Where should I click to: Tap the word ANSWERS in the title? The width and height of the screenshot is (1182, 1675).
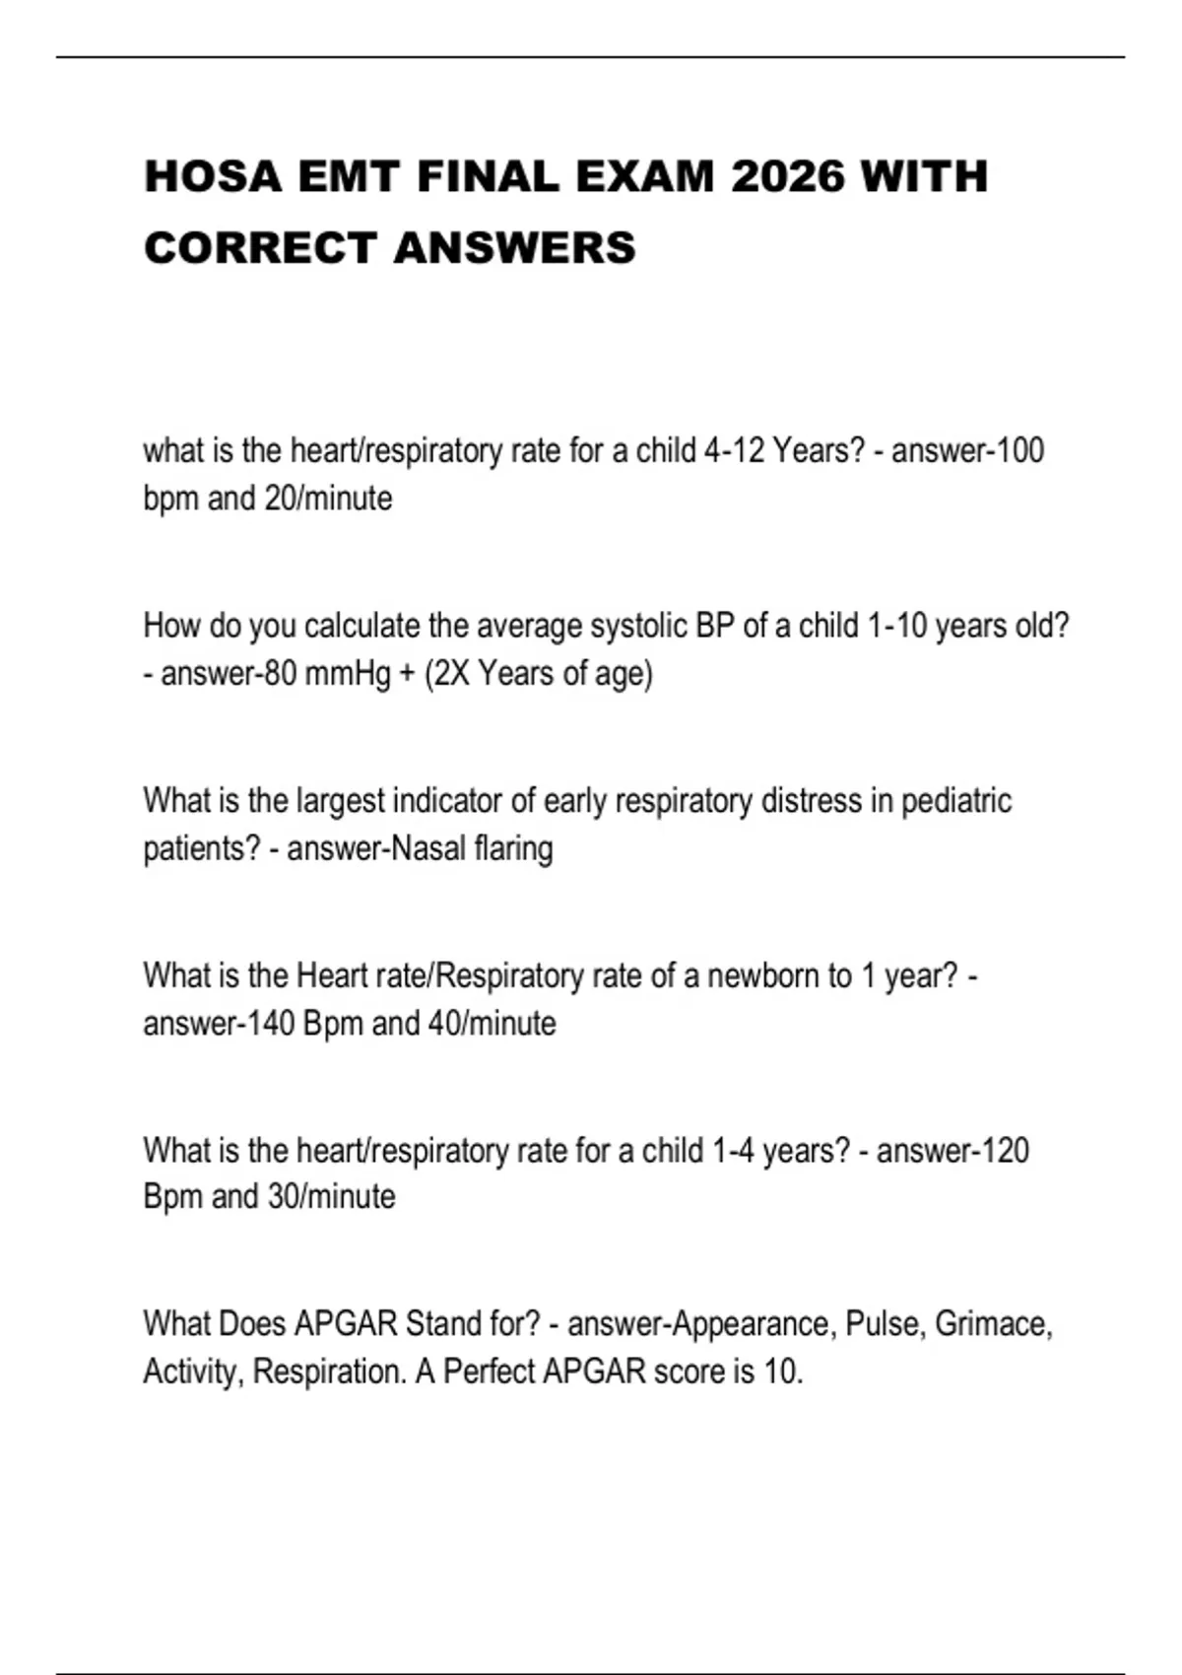(x=514, y=248)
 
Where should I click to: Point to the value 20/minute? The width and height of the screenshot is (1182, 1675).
(x=328, y=499)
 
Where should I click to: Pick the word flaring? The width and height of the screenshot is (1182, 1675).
(x=513, y=848)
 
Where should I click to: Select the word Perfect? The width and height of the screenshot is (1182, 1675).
(x=489, y=1372)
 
